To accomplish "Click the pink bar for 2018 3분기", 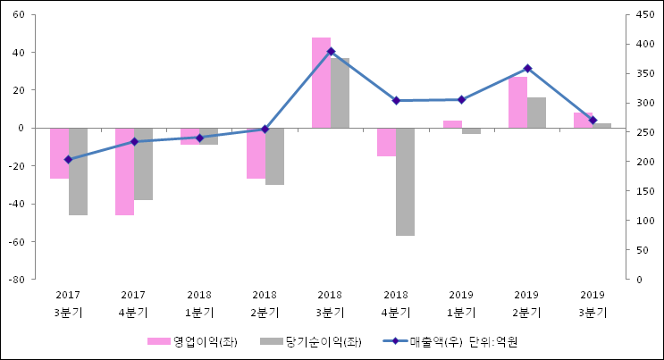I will [x=321, y=82].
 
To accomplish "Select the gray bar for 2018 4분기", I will [x=406, y=181].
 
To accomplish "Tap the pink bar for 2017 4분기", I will [x=124, y=172].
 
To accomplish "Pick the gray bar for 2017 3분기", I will [x=78, y=172].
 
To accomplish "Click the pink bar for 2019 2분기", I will [x=517, y=102].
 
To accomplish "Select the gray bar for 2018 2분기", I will [x=274, y=156].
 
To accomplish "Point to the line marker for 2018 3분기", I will [x=331, y=52].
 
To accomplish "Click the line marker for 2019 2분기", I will [x=527, y=69].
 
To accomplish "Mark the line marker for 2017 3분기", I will [x=68, y=160].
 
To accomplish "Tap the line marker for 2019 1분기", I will [x=461, y=100].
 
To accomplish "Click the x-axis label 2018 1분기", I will [x=199, y=304].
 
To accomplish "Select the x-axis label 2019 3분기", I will [x=593, y=304].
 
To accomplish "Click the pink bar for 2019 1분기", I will [x=452, y=124].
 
